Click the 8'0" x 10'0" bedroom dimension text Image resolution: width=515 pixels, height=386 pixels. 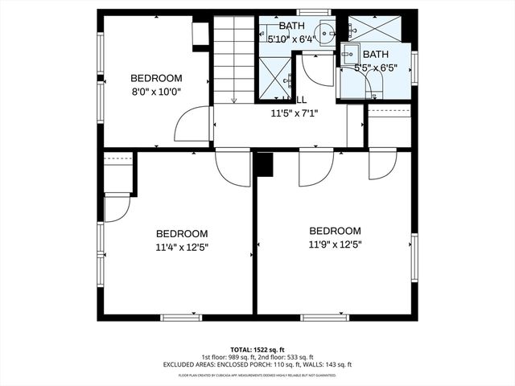click(x=156, y=92)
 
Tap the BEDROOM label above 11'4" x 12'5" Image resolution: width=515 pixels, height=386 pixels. click(x=182, y=234)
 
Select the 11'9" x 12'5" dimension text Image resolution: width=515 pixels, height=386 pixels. click(x=336, y=244)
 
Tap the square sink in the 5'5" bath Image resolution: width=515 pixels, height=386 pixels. click(x=350, y=55)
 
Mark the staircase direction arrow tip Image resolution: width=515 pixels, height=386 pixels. click(x=233, y=101)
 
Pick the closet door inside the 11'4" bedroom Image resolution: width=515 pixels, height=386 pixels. click(x=117, y=207)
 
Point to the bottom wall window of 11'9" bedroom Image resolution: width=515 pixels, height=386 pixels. click(x=325, y=317)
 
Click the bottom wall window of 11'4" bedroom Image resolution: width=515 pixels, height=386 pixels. click(x=180, y=317)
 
